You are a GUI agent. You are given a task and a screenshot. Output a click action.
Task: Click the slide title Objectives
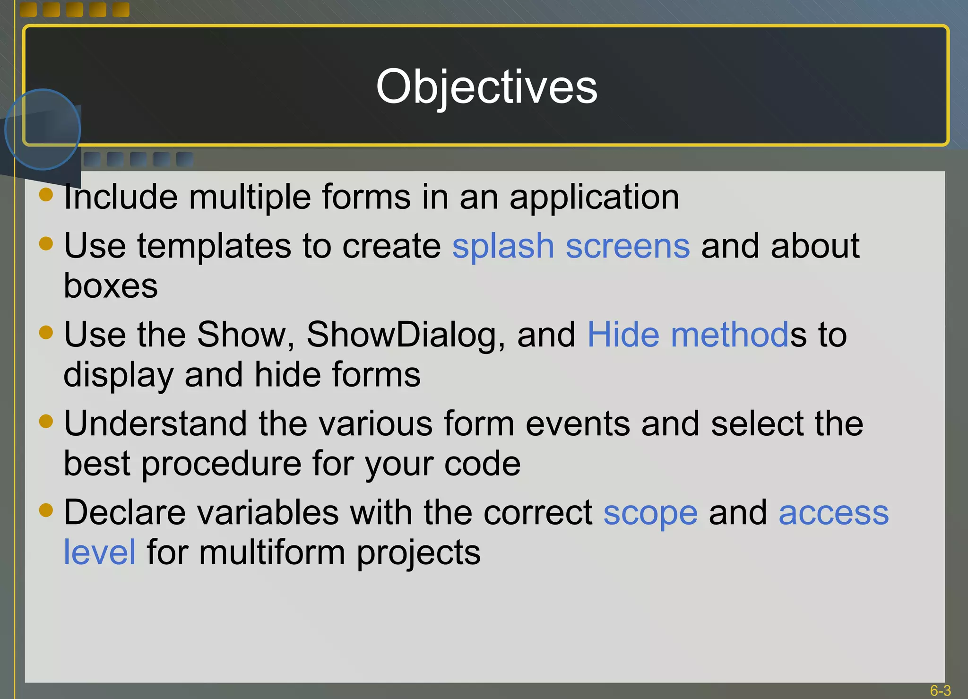[x=486, y=86]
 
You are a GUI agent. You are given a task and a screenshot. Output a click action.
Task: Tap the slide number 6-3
[x=940, y=690]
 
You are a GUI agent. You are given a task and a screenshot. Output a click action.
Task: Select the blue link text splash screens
[x=570, y=246]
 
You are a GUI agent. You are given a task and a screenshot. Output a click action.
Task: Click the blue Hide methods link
[x=688, y=335]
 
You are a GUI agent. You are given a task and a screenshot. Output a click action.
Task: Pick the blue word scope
[x=650, y=513]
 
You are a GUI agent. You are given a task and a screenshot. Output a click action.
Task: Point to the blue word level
[x=100, y=552]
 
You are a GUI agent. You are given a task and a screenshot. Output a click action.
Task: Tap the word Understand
[x=155, y=423]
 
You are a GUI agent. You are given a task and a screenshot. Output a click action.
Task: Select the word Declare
[x=125, y=512]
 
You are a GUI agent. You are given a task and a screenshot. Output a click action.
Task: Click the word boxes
[x=111, y=286]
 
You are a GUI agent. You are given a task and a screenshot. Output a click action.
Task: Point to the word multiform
[x=272, y=552]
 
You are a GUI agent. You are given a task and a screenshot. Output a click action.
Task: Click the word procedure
[x=220, y=464]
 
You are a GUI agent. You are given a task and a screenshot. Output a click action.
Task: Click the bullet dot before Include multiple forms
[x=46, y=194]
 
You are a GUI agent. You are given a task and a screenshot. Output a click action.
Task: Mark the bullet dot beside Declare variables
[x=46, y=510]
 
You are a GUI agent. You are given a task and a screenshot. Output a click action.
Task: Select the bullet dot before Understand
[x=46, y=421]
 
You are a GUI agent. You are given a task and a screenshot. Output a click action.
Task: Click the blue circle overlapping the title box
[x=43, y=129]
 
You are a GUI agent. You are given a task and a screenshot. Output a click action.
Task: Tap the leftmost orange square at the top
[x=28, y=9]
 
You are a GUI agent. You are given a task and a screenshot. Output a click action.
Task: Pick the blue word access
[x=833, y=513]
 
